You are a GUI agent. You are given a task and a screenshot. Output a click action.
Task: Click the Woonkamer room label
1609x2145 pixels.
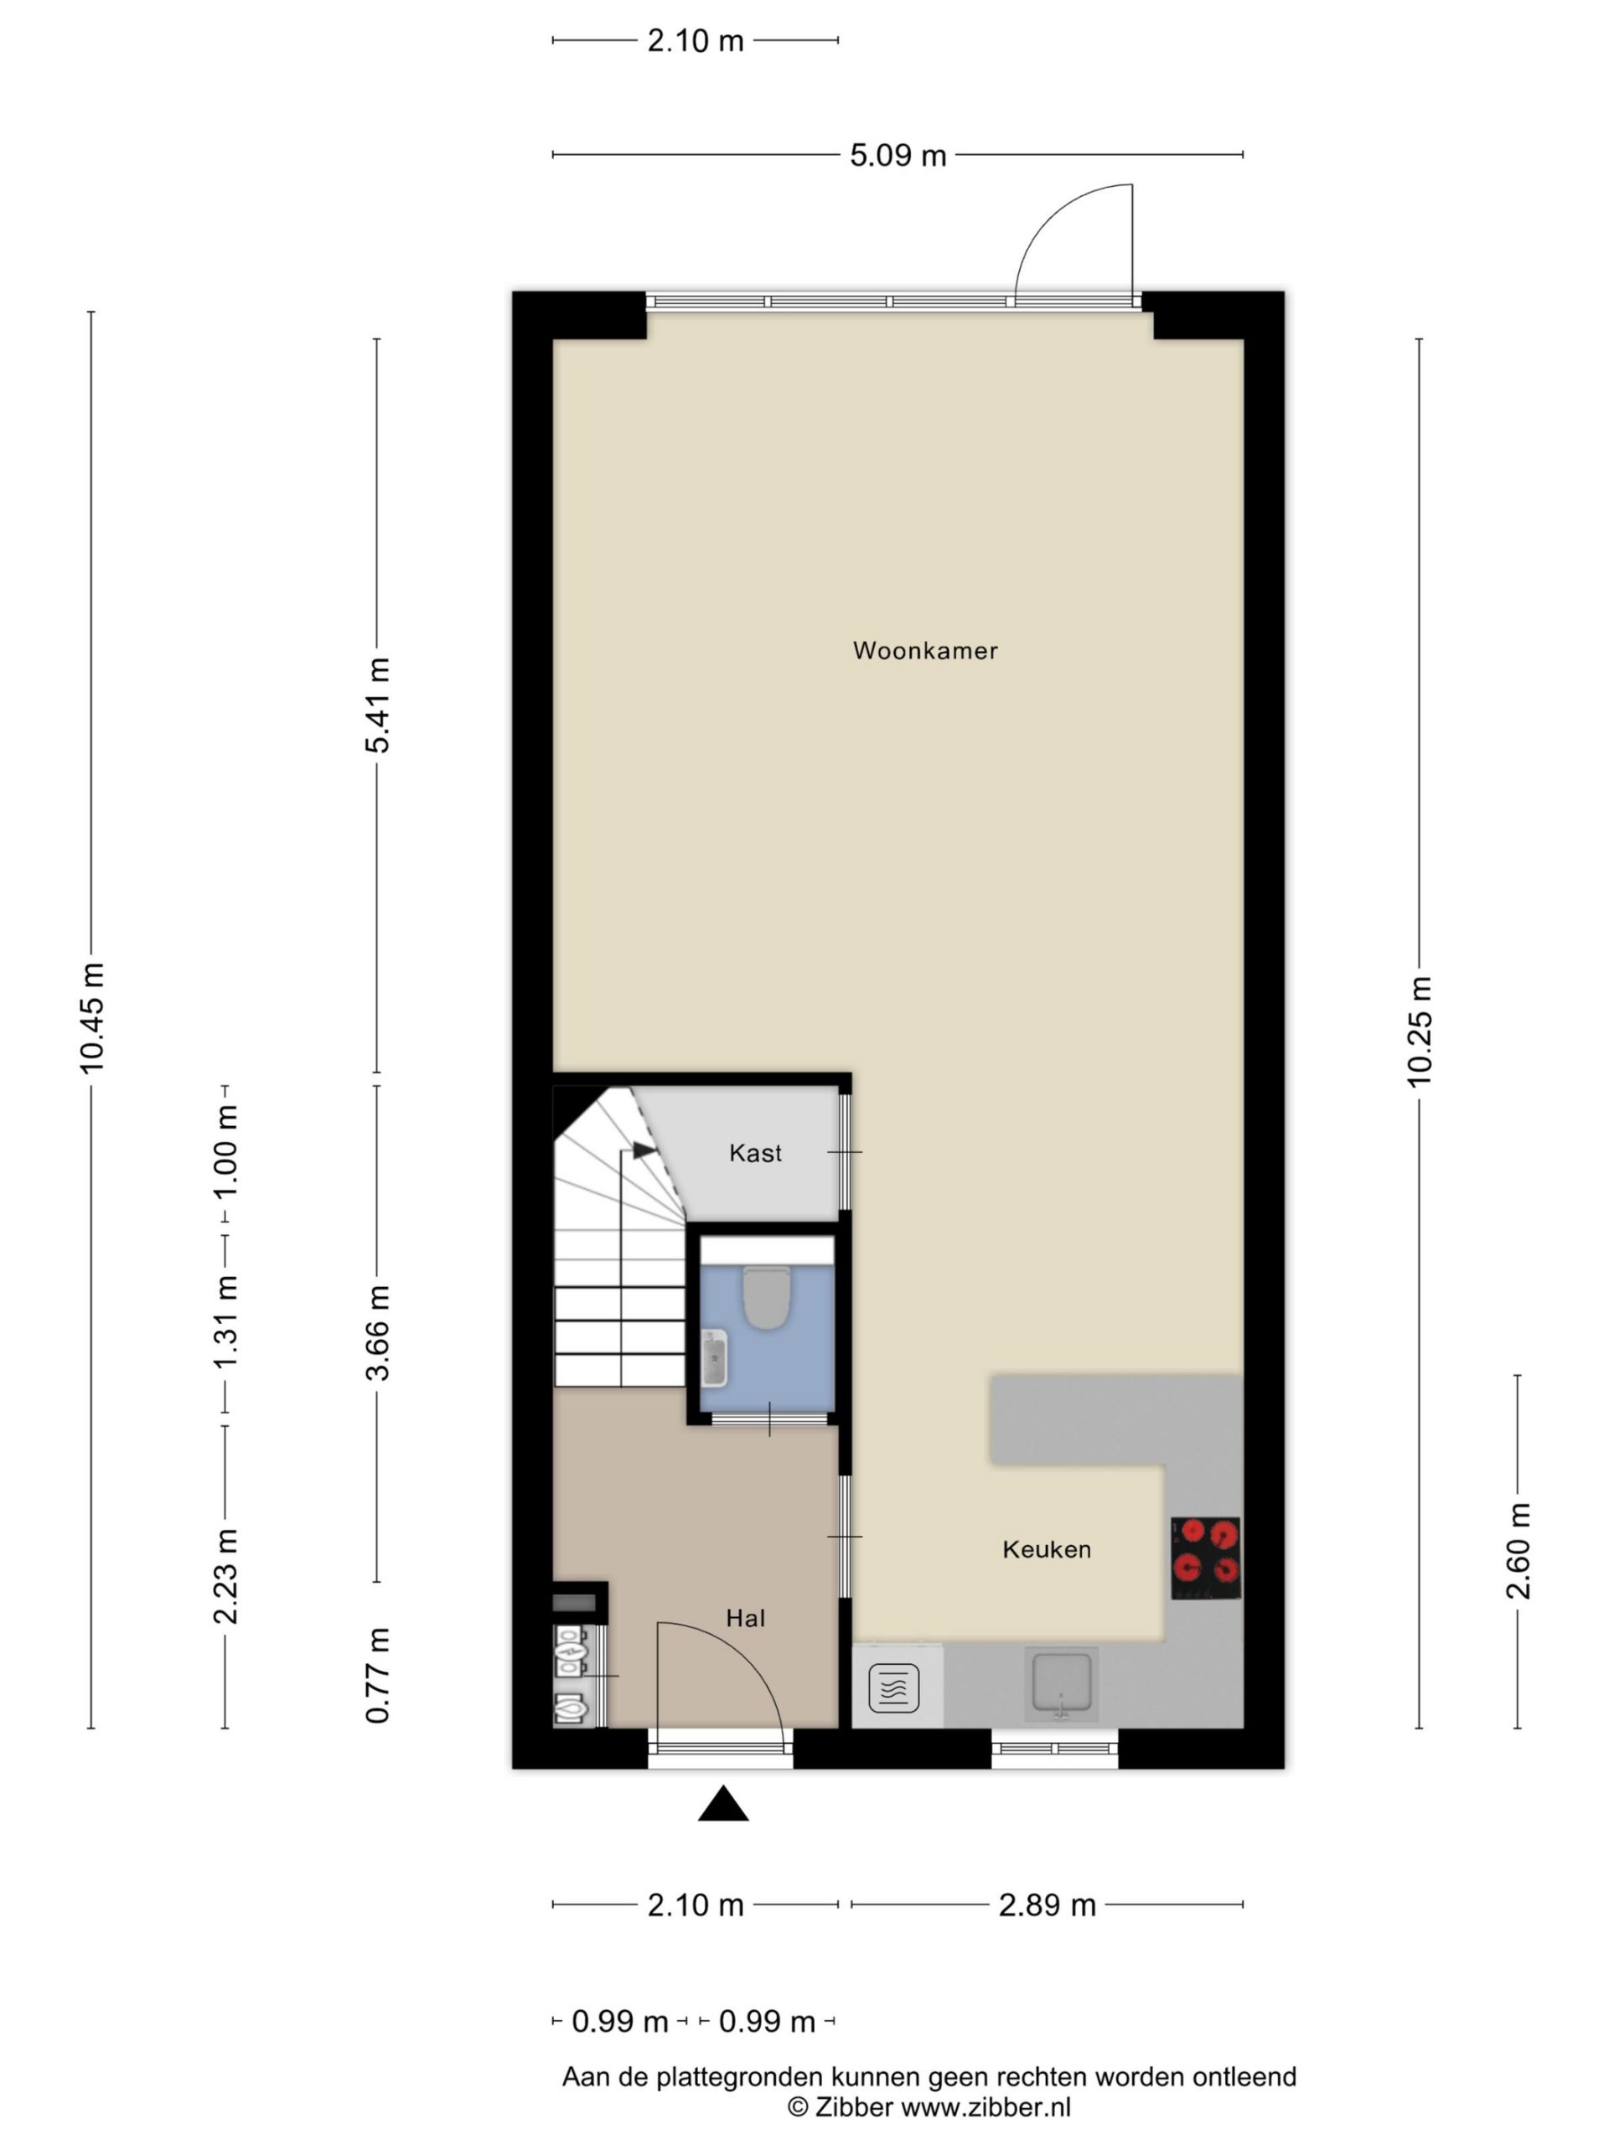pos(924,651)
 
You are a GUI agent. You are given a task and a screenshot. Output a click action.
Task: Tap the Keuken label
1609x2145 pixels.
pos(1047,1549)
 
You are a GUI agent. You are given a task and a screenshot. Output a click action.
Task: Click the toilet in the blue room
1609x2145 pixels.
pos(766,1297)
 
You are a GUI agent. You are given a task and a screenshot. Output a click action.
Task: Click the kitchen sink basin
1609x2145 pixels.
pos(1061,1682)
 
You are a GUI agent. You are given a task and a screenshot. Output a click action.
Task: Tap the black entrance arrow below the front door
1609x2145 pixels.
pos(722,1804)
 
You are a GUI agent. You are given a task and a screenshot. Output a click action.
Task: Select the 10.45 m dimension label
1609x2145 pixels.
pos(91,1018)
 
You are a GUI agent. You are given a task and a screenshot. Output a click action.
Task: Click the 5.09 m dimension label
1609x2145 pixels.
pos(898,155)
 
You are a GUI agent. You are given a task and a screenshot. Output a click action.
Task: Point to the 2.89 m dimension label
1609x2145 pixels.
pos(1048,1905)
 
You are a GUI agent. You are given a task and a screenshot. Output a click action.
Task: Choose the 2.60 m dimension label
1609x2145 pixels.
pos(1518,1551)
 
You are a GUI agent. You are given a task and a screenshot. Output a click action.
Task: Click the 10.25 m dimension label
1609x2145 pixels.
pos(1419,1031)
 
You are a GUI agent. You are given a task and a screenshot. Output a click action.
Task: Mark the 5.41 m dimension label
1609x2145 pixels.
pos(377,705)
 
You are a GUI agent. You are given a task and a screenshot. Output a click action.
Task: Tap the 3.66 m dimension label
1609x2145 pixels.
pos(377,1332)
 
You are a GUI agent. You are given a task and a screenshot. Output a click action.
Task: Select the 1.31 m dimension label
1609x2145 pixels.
pos(225,1321)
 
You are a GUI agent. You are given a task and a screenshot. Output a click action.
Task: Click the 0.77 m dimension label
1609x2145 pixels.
pos(377,1676)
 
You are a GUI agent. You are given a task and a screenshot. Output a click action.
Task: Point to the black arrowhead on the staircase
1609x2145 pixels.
pos(644,1151)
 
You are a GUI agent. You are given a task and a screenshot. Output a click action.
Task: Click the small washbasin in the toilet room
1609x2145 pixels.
pos(715,1357)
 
